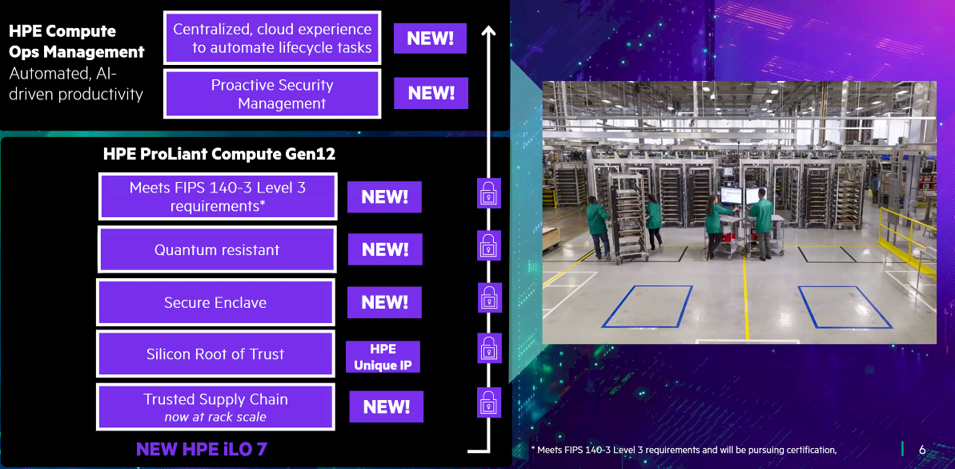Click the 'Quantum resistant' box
coord(216,249)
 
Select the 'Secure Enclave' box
coord(215,302)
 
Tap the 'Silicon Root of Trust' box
coord(215,354)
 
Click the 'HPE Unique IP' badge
coord(383,358)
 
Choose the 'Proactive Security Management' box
coord(271,94)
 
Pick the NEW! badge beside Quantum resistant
coord(385,249)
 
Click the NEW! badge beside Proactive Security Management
coord(431,93)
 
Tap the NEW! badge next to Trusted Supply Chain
coord(386,406)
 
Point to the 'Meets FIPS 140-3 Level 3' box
coord(218,196)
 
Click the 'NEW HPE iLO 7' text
coord(202,449)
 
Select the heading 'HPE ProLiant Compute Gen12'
coord(219,153)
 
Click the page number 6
coord(922,450)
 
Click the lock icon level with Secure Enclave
coord(488,297)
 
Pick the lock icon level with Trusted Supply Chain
coord(488,402)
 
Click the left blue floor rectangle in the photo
coord(647,306)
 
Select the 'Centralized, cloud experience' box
coord(271,38)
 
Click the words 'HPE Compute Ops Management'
coord(76,42)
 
